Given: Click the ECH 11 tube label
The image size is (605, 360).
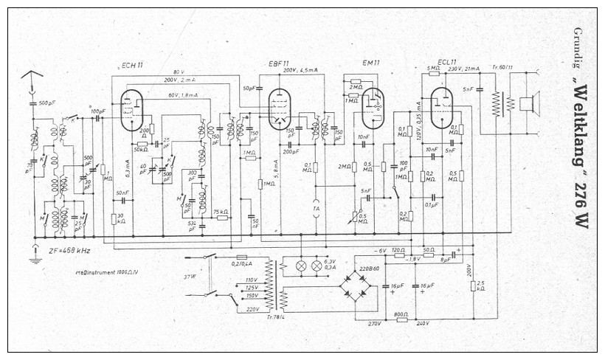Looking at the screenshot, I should tap(133, 65).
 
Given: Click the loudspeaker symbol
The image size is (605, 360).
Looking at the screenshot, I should tap(528, 102).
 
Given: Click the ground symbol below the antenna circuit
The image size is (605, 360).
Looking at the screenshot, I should tap(34, 256).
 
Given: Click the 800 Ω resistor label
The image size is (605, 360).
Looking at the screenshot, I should tap(401, 314).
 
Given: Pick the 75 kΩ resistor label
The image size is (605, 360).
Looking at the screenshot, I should tap(220, 212).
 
